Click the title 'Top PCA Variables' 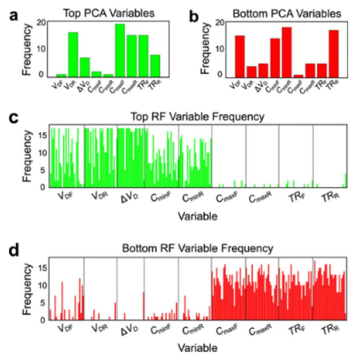coord(109,14)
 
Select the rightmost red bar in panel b coord(334,54)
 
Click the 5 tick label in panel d coord(42,303)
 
